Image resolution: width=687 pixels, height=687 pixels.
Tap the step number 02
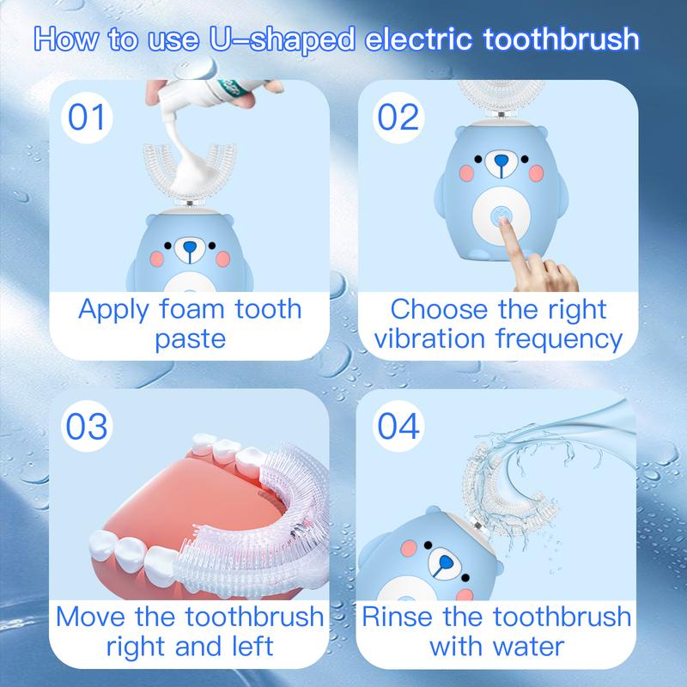397,117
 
